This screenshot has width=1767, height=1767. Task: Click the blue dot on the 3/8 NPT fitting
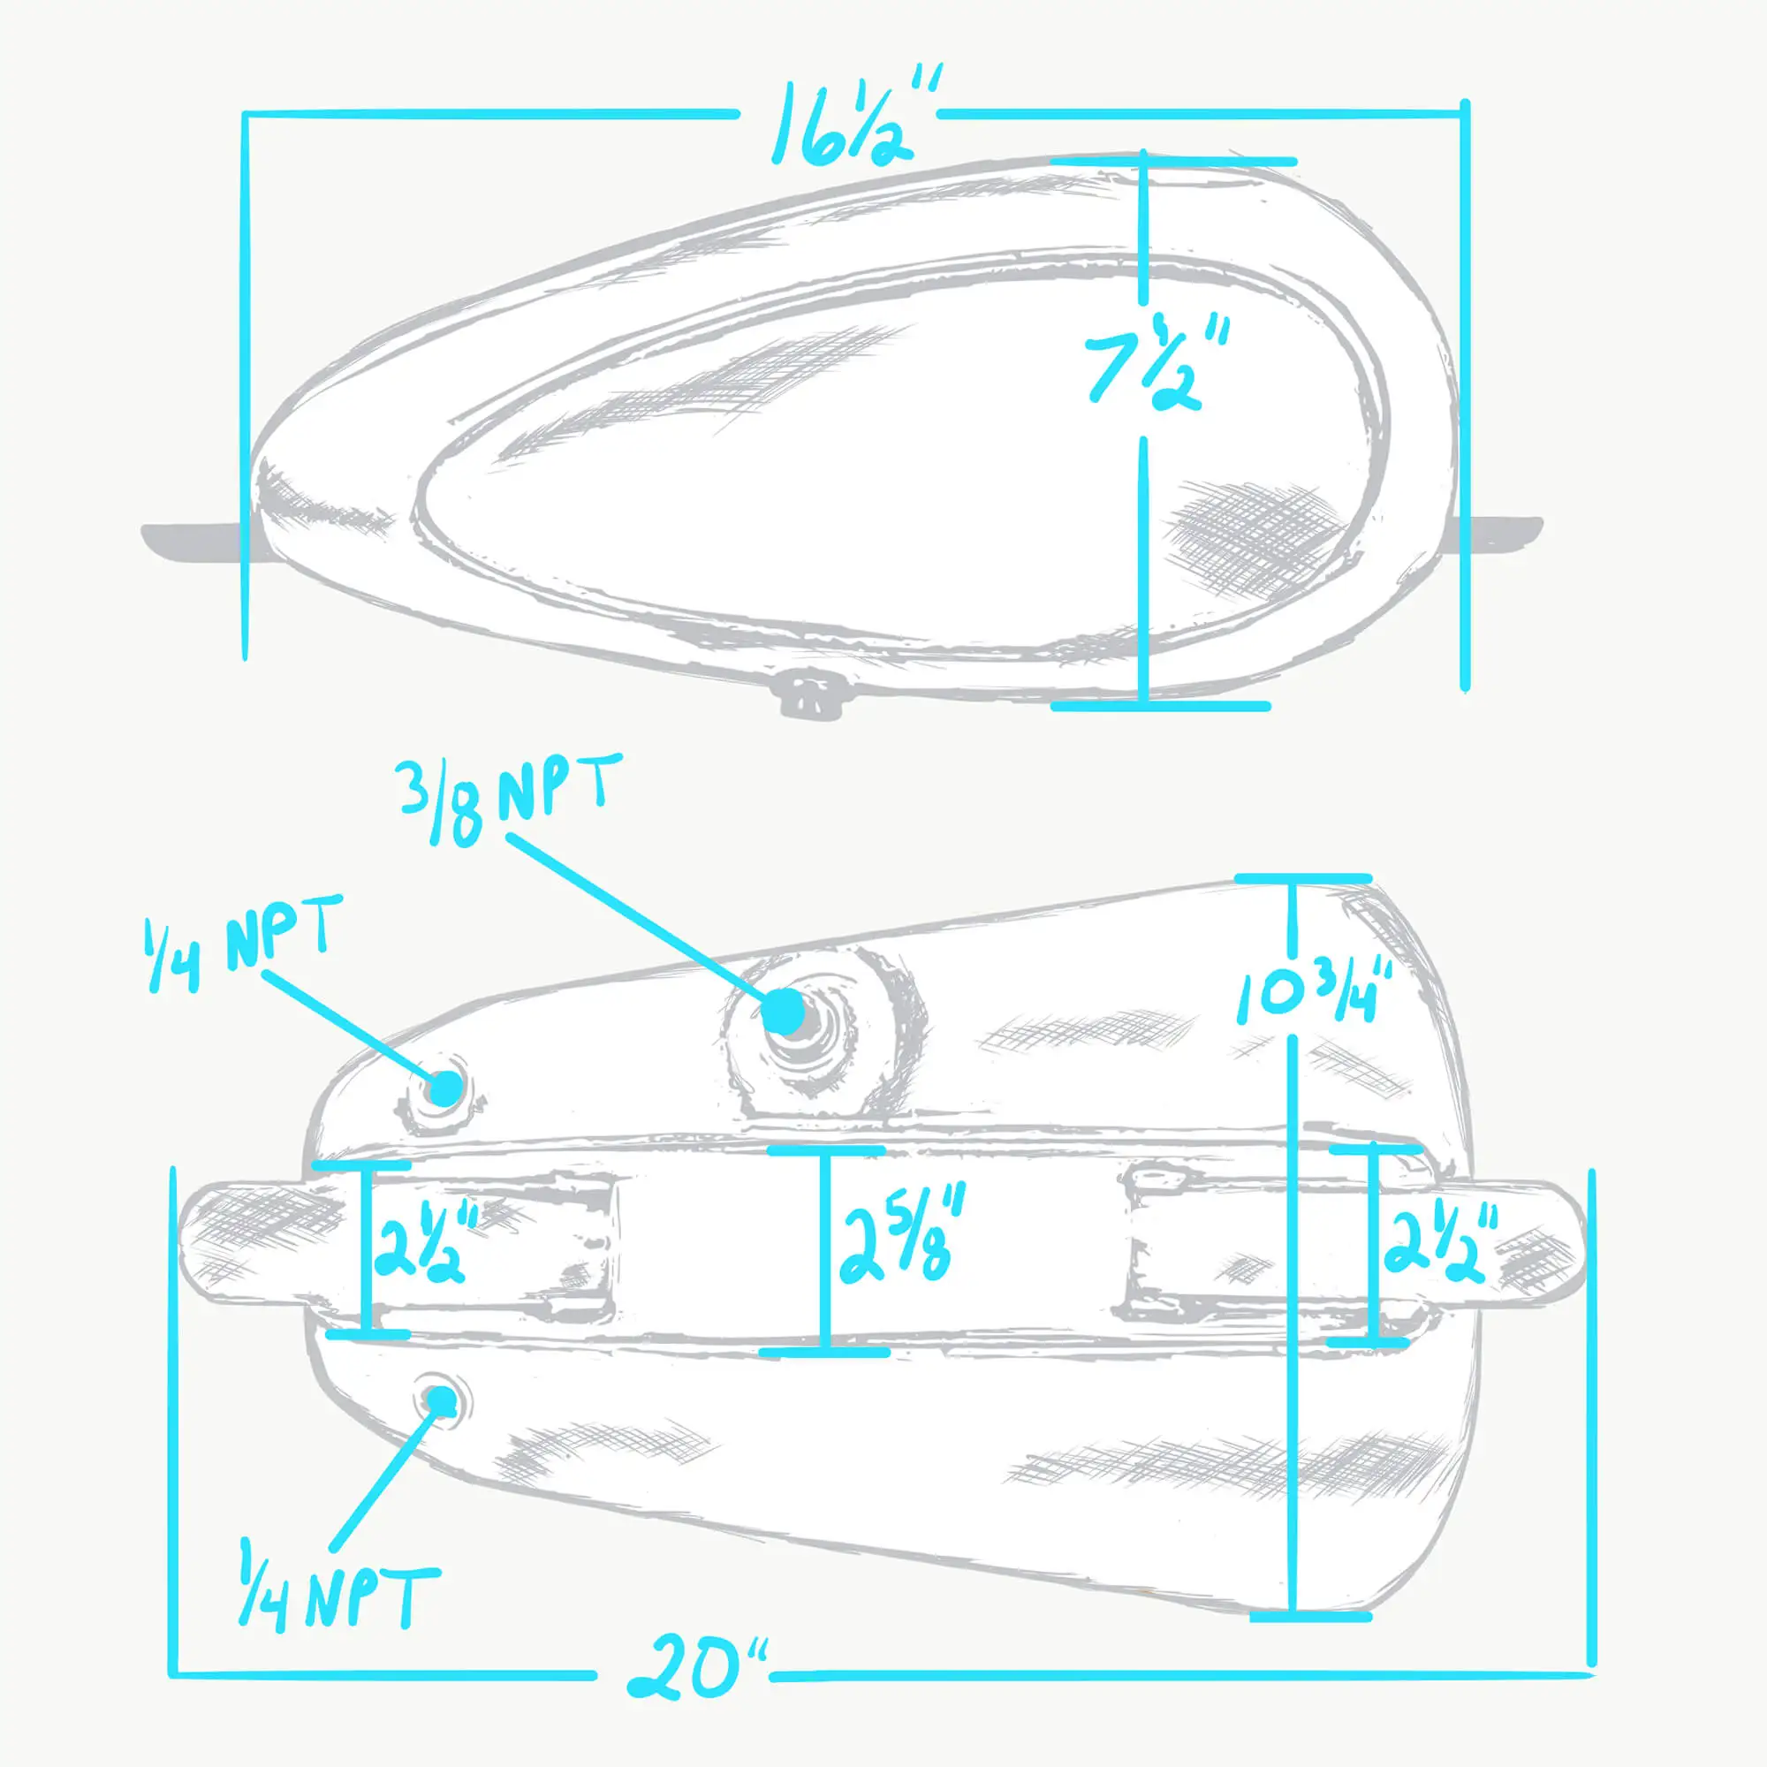(x=783, y=1011)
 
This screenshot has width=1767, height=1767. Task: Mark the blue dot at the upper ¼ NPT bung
(x=445, y=1088)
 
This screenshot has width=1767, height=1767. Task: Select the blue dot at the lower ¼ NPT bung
(x=442, y=1399)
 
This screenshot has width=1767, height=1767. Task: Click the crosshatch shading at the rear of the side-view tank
(x=1244, y=535)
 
